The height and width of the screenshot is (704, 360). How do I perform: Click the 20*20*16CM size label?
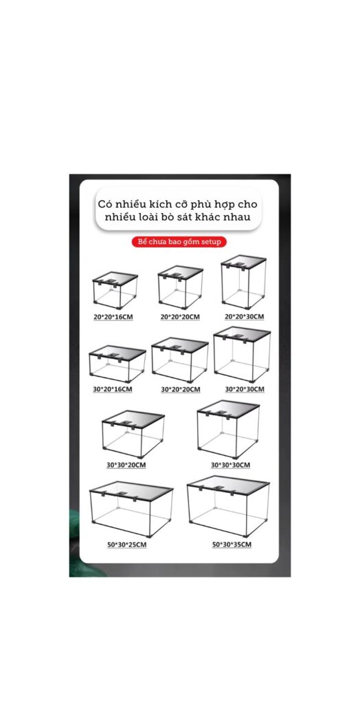[113, 317]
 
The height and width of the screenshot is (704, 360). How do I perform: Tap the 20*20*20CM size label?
[180, 317]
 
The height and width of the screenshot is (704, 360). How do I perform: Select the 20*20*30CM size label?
[244, 316]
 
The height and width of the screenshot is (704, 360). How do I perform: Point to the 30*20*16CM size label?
[113, 390]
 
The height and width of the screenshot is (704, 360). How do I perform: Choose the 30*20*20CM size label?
[180, 390]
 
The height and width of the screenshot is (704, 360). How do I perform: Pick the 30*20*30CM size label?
[244, 389]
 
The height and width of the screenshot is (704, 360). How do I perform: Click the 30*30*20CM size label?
[126, 465]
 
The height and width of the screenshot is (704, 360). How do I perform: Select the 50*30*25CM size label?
[126, 545]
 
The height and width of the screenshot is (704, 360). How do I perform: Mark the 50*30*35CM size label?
[232, 545]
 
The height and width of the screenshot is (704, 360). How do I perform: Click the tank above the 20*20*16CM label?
[115, 290]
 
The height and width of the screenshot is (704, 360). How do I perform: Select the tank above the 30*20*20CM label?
[180, 360]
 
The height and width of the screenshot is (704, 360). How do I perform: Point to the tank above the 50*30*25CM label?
[131, 509]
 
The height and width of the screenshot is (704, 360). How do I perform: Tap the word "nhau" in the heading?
[236, 218]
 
